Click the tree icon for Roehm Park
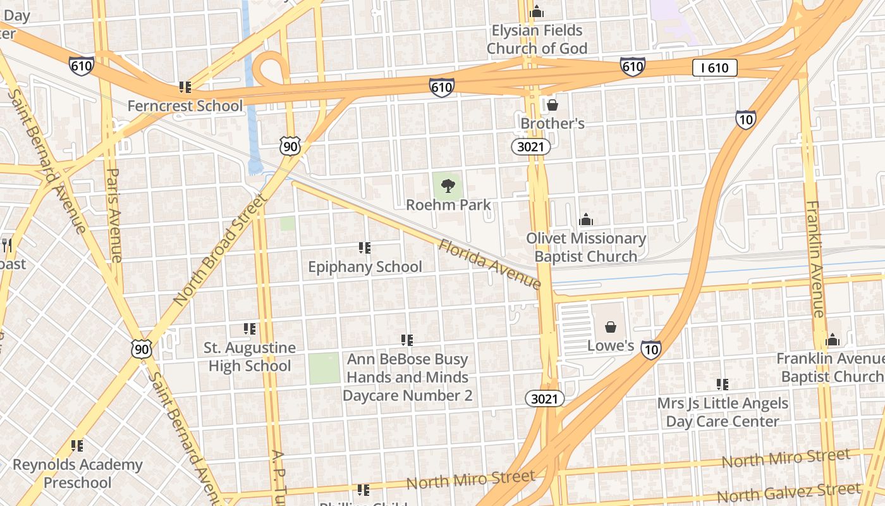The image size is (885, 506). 448,186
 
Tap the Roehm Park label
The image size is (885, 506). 448,205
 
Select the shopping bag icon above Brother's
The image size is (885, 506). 552,104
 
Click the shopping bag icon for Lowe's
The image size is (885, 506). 611,327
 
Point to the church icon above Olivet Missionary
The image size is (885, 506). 586,219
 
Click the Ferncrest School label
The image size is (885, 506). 185,106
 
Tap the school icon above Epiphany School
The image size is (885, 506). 364,248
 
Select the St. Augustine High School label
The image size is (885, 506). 250,357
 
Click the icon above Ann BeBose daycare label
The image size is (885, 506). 407,340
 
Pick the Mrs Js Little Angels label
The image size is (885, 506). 723,412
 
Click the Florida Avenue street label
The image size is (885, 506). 490,264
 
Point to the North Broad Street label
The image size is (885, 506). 219,250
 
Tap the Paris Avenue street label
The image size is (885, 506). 114,215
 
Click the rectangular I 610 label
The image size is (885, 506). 714,68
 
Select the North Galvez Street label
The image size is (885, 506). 788,492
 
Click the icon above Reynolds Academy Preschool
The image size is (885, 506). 77,446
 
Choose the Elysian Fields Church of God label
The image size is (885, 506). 537,39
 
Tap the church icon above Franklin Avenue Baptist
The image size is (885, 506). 833,340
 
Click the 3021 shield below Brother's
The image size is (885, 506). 531,147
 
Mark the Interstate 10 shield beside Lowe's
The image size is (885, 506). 651,349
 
